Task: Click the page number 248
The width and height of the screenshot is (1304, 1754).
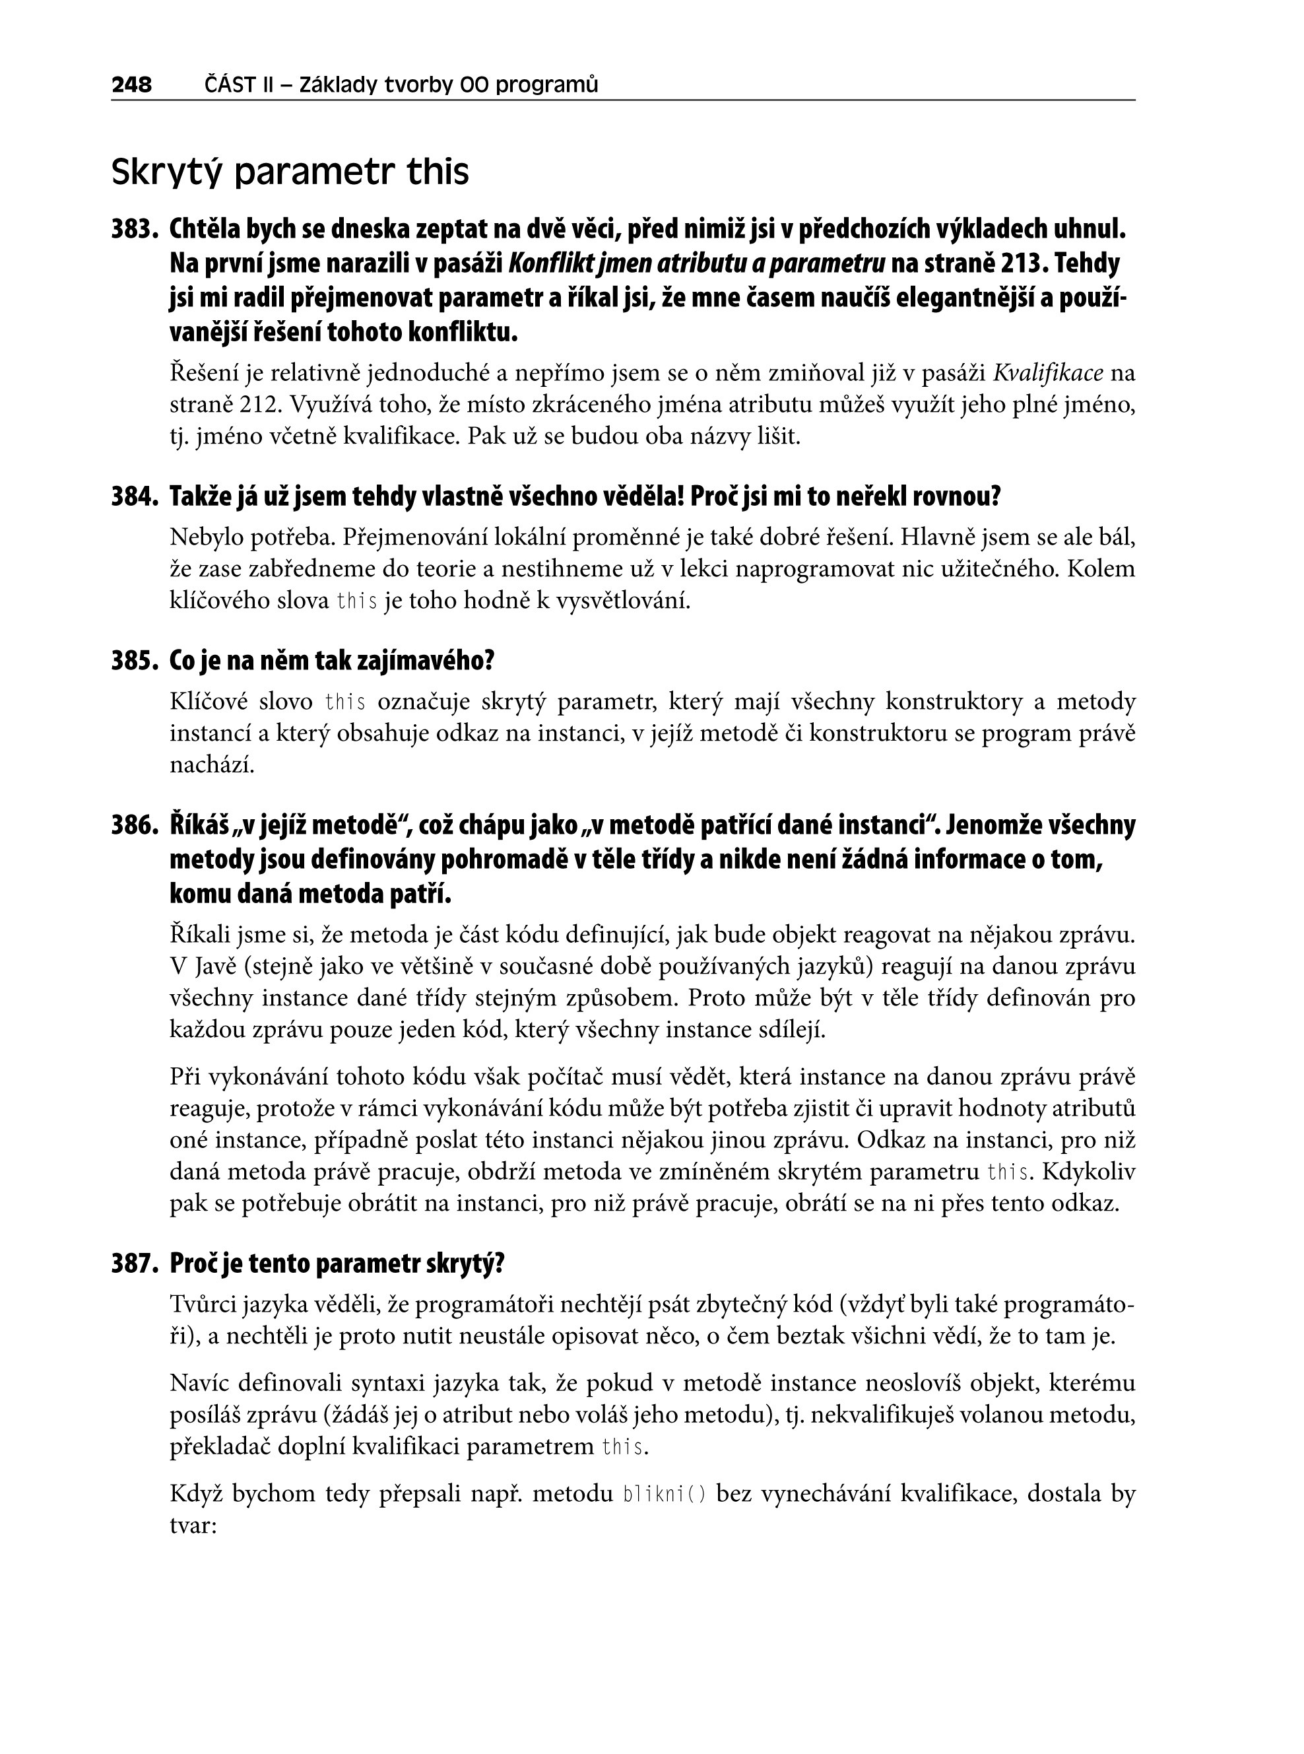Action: point(131,84)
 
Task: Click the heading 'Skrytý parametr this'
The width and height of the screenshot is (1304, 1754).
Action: point(290,172)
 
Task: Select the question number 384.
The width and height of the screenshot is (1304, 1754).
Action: point(136,496)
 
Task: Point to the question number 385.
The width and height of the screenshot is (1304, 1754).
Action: point(136,661)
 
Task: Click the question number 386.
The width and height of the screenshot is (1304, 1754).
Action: point(136,825)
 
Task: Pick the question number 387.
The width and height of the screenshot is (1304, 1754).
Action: point(136,1264)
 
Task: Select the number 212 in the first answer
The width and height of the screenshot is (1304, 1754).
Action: point(260,405)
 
